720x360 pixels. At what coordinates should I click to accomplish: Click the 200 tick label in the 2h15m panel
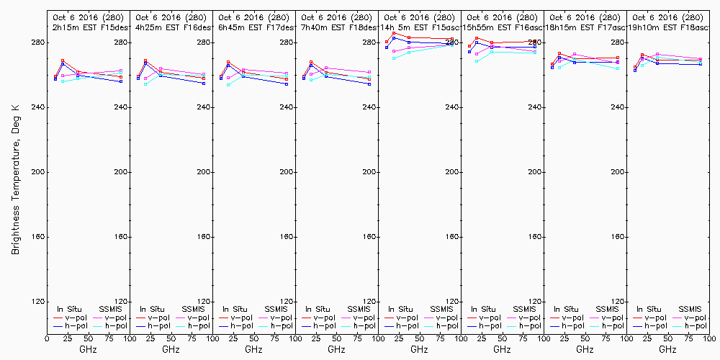pos(120,172)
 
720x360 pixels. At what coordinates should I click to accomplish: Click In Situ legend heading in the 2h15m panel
pos(70,309)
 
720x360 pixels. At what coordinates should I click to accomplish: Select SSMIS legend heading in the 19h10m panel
pos(690,309)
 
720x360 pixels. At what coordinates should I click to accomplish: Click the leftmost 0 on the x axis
pos(47,337)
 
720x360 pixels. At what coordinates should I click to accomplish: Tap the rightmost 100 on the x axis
pos(708,337)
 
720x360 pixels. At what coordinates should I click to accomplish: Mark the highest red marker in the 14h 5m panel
pos(394,33)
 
